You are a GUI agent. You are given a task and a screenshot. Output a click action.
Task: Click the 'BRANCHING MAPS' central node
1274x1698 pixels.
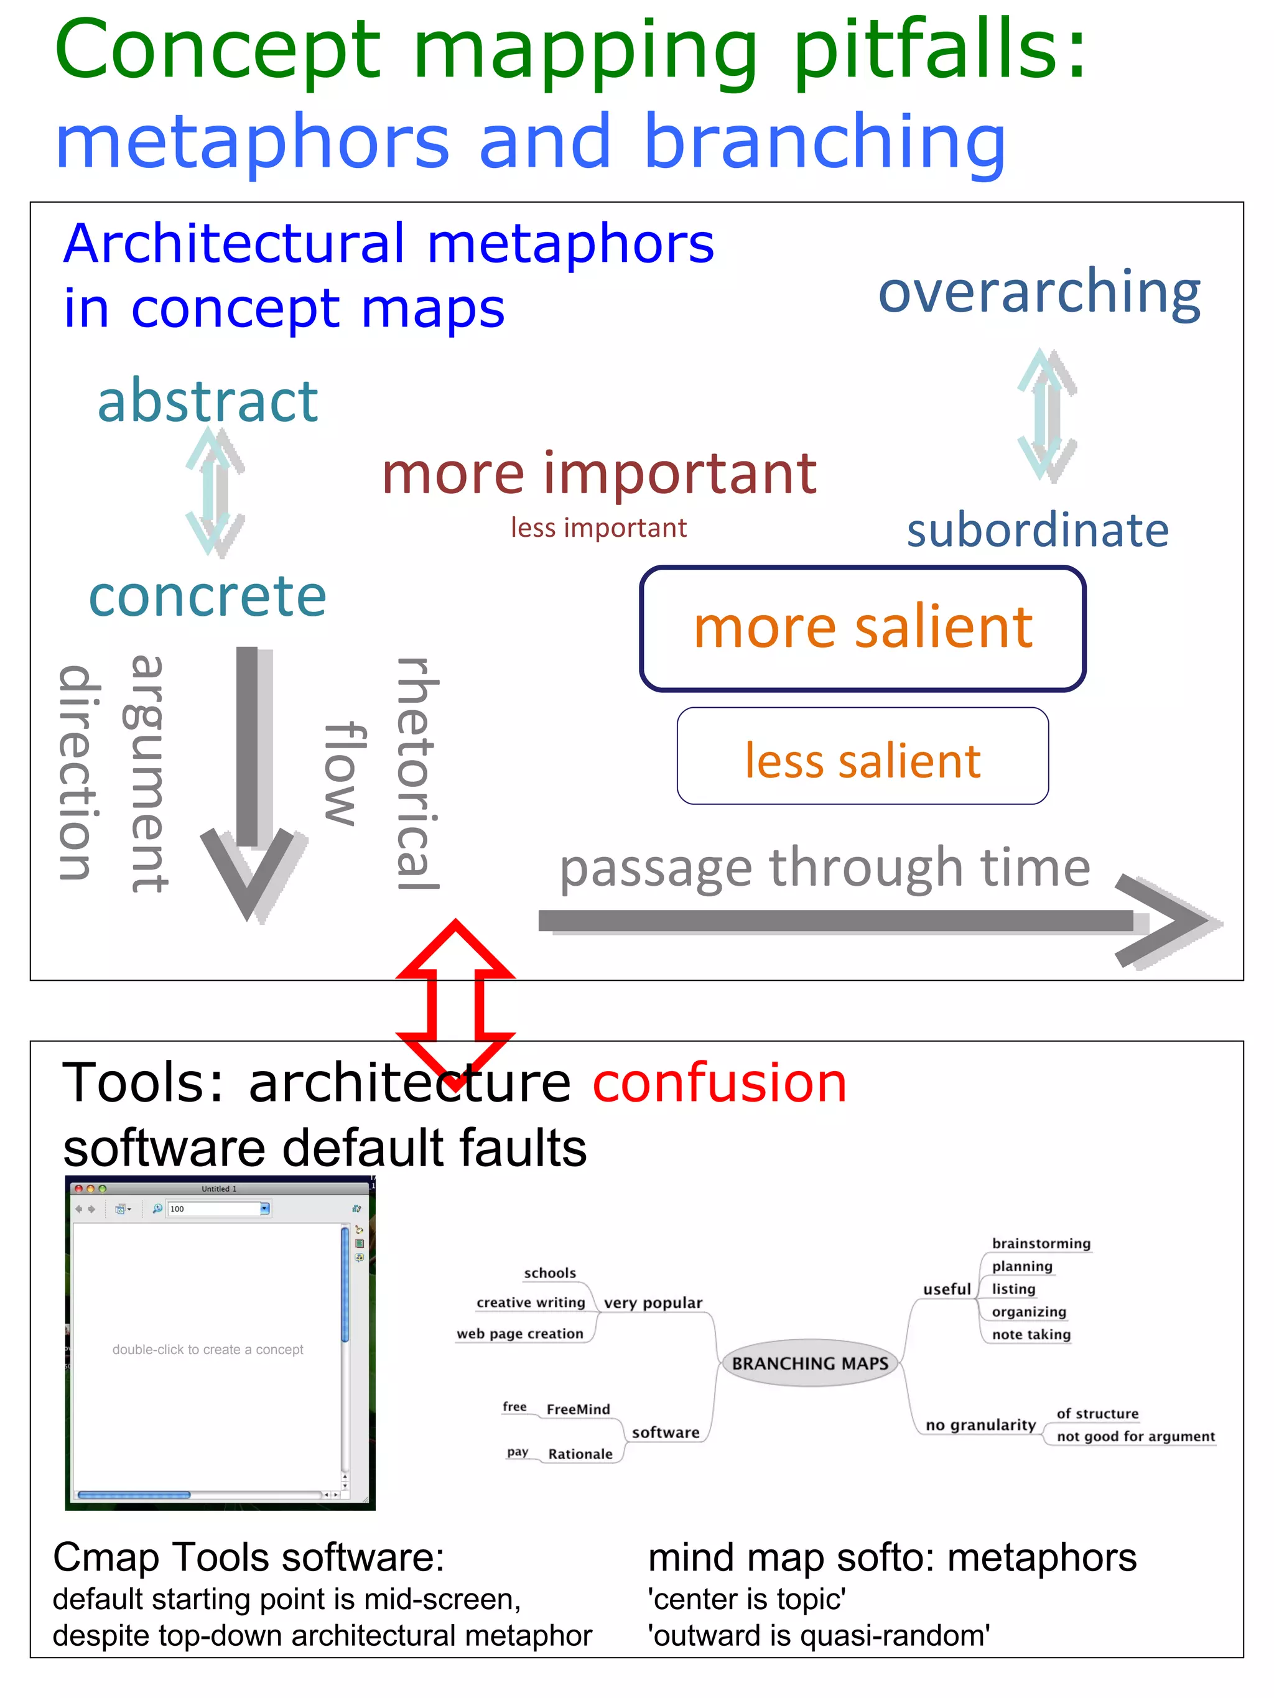coord(809,1363)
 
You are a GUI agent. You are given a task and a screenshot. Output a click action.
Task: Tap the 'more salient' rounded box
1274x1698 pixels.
coord(862,628)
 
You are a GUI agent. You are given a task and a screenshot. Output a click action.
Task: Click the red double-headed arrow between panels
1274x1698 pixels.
coord(455,1006)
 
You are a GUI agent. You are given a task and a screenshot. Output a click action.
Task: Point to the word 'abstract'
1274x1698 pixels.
coord(207,401)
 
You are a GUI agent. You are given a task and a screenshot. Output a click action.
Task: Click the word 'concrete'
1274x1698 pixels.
coord(207,596)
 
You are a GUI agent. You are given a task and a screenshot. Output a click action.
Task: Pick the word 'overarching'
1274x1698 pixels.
coord(1039,293)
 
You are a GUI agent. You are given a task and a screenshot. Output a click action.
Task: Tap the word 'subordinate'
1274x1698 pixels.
coord(1038,531)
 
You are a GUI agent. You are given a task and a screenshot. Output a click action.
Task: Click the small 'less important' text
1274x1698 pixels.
coord(598,528)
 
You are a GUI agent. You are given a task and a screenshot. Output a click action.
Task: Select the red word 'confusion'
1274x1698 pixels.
coord(720,1083)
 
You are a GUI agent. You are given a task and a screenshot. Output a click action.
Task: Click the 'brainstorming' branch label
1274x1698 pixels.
coord(1041,1243)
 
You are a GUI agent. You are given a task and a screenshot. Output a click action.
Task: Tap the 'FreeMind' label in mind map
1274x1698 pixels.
coord(579,1409)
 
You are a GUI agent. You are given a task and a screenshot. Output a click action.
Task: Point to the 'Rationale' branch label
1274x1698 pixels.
coord(580,1454)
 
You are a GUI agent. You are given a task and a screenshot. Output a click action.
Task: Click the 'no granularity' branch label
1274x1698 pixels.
coord(980,1425)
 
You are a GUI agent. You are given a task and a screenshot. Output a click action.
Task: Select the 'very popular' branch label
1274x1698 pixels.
coord(653,1302)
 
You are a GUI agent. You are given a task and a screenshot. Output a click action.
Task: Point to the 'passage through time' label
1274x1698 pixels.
coord(824,868)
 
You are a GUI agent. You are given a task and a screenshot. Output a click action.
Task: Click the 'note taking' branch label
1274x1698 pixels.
coord(1031,1335)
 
